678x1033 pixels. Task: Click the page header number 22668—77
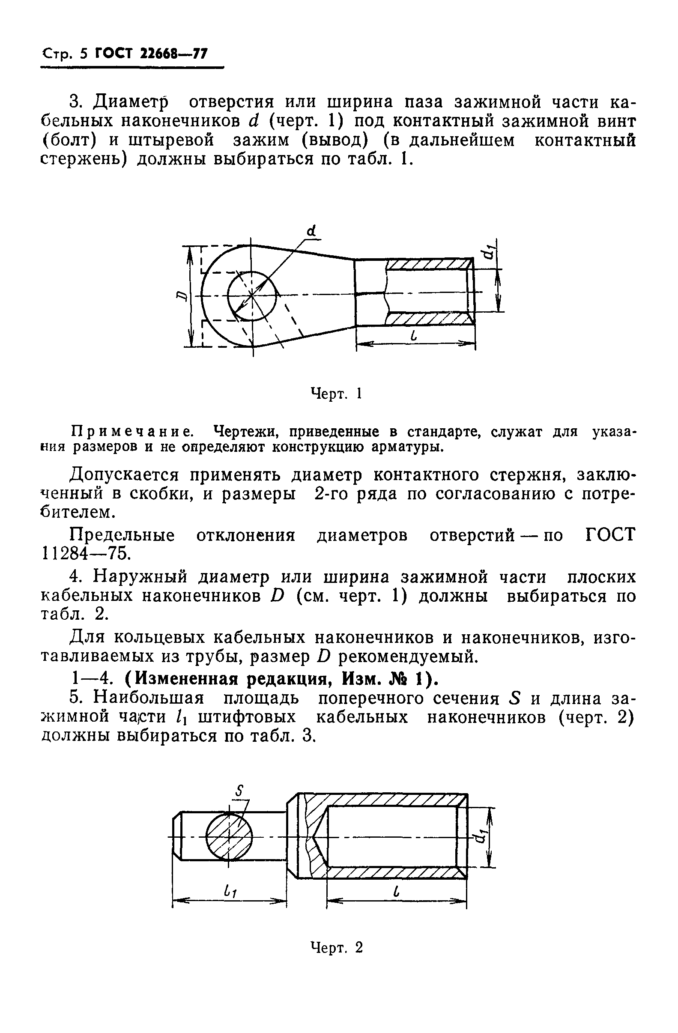[174, 54]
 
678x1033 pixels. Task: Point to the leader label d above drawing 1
[311, 231]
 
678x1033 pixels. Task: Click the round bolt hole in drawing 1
[252, 296]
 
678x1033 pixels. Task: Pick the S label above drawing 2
[238, 790]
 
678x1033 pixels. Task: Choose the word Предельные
[122, 535]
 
